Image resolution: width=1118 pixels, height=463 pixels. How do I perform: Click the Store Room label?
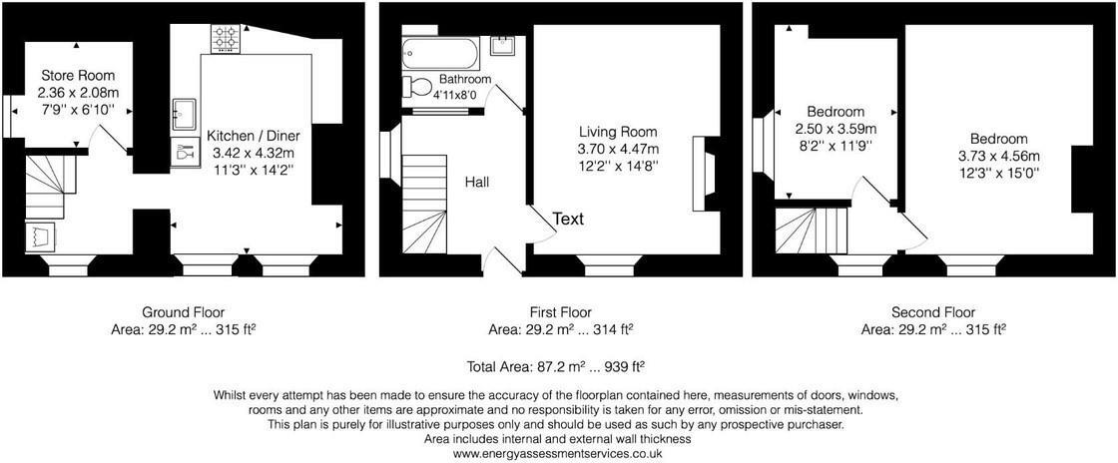(77, 75)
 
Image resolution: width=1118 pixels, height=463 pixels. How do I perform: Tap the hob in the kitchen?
(225, 39)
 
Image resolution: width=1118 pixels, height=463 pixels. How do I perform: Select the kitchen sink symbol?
(185, 113)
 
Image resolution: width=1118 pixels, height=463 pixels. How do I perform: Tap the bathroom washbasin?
(504, 47)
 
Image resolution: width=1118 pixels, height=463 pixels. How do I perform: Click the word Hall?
(477, 182)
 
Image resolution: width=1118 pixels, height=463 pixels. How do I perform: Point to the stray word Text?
(568, 219)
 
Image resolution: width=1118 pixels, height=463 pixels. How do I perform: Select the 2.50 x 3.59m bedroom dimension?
(836, 129)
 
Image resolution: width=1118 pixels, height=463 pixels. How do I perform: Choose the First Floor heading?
(559, 312)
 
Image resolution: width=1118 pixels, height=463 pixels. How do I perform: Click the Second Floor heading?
(932, 312)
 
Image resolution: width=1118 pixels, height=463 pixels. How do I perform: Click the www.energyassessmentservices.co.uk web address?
(559, 453)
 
